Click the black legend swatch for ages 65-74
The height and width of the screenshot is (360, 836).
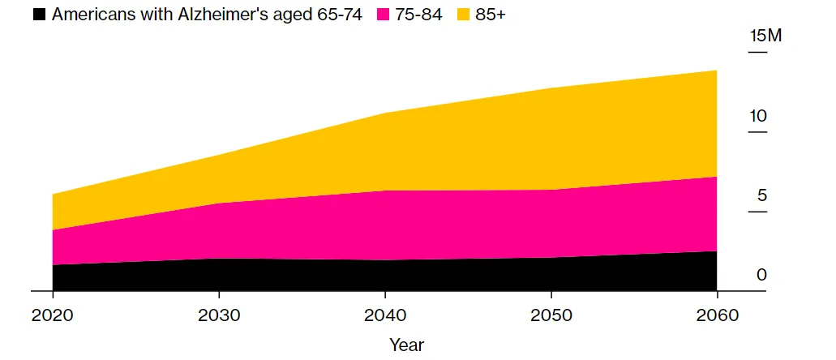click(39, 15)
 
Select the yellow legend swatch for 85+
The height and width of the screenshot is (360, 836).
click(463, 15)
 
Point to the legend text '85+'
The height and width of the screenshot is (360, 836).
click(490, 15)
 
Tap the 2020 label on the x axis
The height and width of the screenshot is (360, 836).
click(52, 315)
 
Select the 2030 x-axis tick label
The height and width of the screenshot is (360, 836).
click(219, 315)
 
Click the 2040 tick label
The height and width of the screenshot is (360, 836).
click(384, 315)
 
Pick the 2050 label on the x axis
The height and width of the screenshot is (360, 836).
click(551, 315)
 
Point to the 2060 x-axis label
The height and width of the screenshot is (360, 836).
click(717, 315)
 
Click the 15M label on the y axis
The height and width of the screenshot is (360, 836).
click(765, 36)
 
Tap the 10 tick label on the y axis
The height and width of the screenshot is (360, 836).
click(757, 116)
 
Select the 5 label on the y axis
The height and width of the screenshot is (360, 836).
click(761, 195)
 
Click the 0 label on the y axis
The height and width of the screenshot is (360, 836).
click(761, 275)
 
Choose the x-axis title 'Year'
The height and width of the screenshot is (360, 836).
click(406, 345)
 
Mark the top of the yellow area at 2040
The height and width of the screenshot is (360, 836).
click(384, 114)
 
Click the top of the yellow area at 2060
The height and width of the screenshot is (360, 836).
click(716, 71)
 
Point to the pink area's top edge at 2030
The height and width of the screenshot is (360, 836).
click(219, 204)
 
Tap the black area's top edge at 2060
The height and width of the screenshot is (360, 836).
click(716, 251)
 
